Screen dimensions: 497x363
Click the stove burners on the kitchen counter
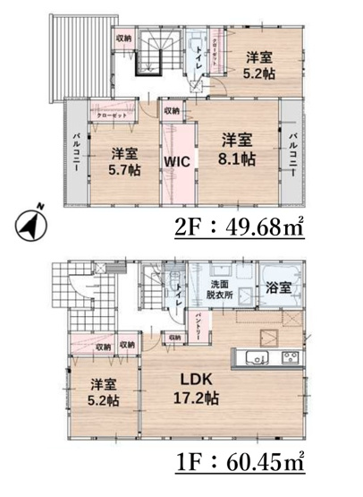coord(291,358)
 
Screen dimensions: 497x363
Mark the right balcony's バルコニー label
coord(292,152)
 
